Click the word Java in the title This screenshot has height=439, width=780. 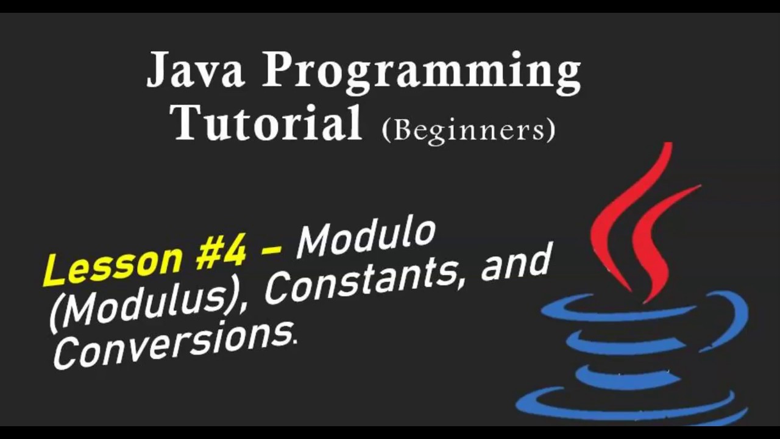[196, 68]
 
